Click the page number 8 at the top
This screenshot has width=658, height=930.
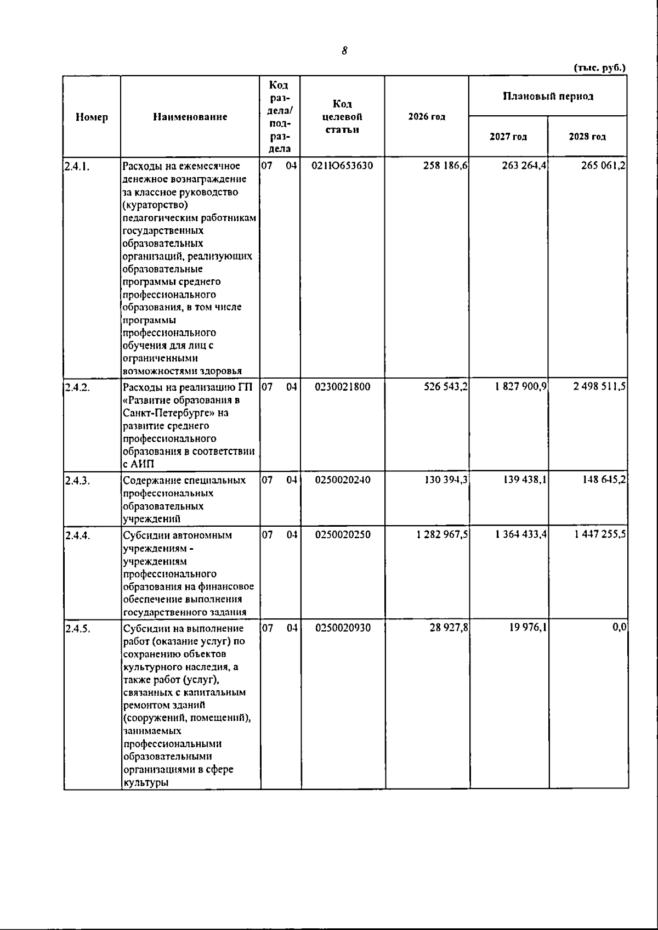click(x=344, y=51)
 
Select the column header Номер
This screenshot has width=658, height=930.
click(x=92, y=117)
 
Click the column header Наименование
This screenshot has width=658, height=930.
click(x=190, y=117)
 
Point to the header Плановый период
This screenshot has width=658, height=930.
click(x=548, y=97)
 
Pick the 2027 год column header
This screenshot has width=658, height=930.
click(x=508, y=137)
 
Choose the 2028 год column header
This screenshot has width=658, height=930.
click(x=587, y=137)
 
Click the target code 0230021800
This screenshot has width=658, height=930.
click(x=343, y=387)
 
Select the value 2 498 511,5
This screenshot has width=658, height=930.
click(x=600, y=387)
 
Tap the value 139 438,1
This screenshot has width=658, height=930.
click(x=525, y=480)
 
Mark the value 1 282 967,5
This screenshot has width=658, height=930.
click(x=441, y=535)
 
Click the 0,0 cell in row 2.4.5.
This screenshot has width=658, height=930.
click(x=620, y=628)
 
